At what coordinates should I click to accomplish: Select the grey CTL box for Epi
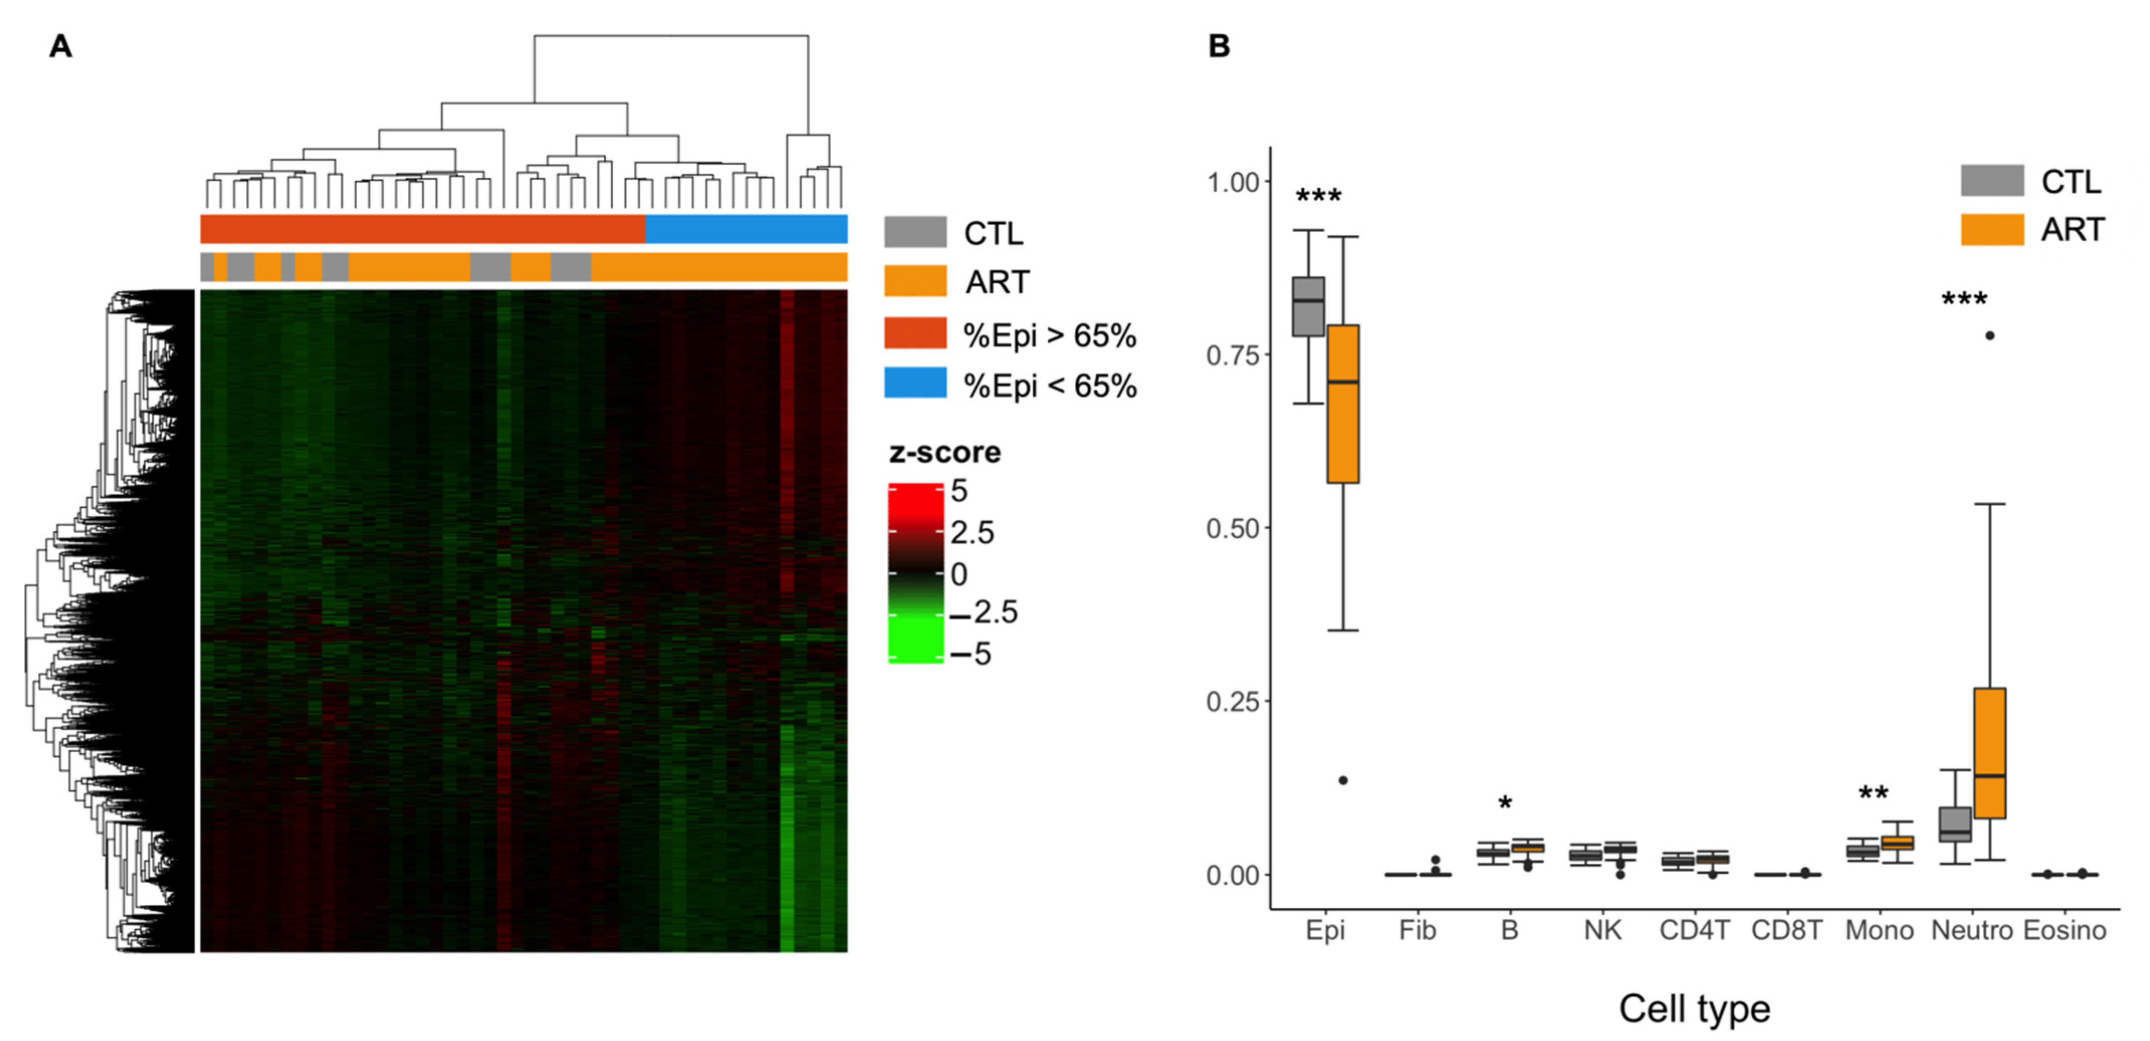coord(1308,306)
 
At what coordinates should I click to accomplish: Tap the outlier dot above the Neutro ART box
coord(1990,335)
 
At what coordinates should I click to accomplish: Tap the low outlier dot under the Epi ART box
coord(1343,780)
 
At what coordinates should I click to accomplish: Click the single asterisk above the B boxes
coord(1505,804)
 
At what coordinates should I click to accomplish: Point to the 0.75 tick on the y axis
coord(1232,355)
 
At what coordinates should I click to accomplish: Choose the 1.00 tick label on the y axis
coord(1232,182)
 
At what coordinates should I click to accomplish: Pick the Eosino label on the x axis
coord(2065,930)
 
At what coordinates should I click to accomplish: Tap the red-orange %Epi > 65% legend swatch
coord(916,332)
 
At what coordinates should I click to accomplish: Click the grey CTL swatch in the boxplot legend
coord(1992,180)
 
